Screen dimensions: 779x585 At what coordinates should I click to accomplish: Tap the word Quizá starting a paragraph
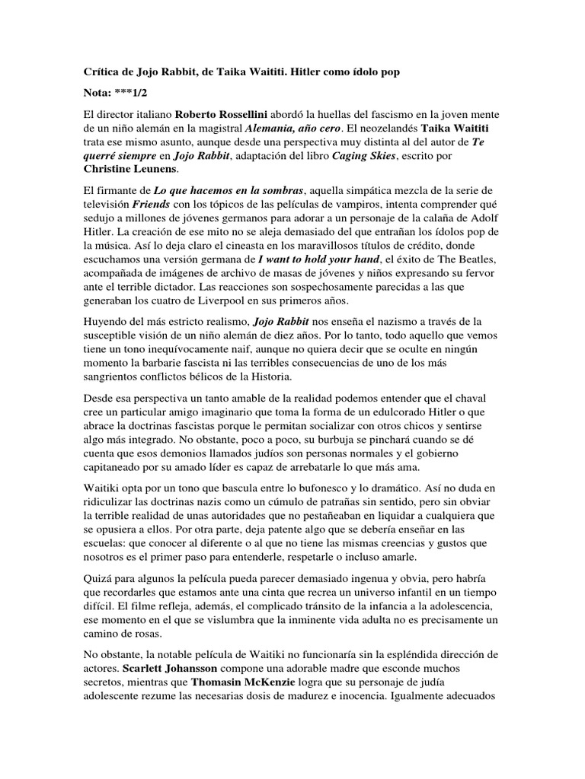97,587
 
